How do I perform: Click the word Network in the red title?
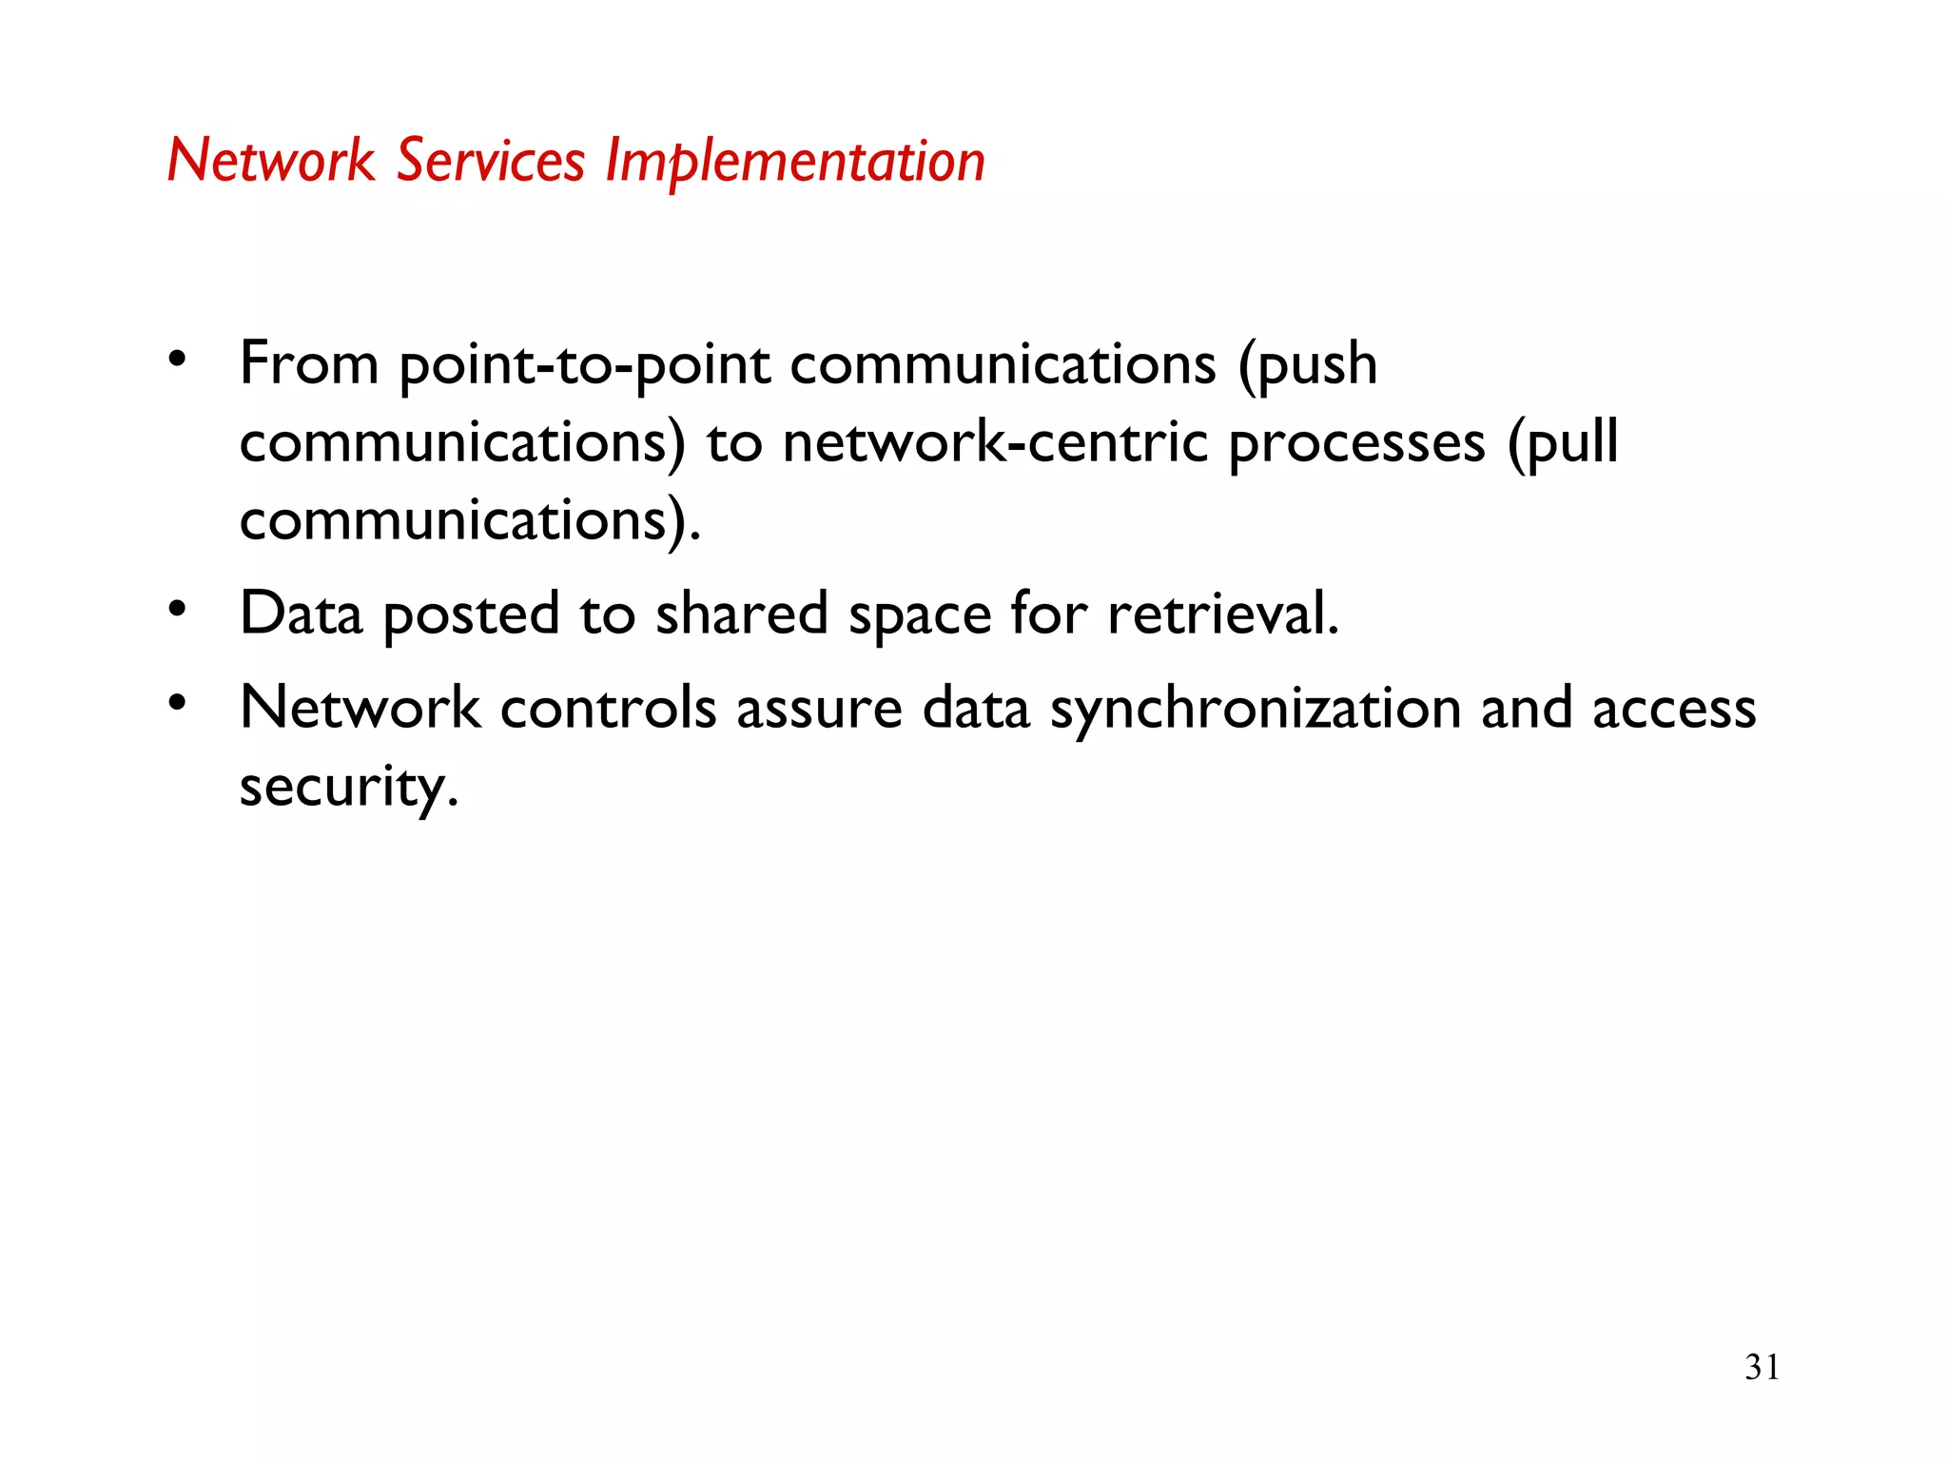[x=271, y=161]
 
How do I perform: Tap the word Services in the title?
[x=490, y=161]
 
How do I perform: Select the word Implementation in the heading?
[x=795, y=161]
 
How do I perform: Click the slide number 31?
[x=1762, y=1367]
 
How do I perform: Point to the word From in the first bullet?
[x=309, y=364]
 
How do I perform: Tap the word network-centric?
[x=995, y=443]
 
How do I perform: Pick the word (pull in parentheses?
[x=1564, y=443]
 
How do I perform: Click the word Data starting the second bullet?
[x=301, y=614]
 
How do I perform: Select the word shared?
[x=741, y=614]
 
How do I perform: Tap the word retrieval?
[x=1223, y=614]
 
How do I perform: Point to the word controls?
[x=608, y=709]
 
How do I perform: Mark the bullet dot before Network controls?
[x=177, y=703]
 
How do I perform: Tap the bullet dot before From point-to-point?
[x=177, y=359]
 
